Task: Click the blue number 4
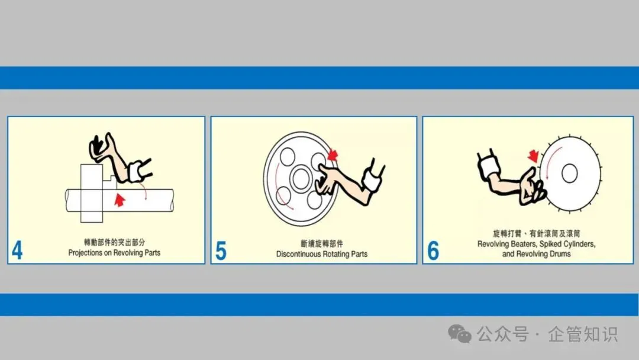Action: click(17, 250)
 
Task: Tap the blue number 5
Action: click(221, 250)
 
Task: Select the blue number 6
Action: click(433, 250)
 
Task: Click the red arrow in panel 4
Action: click(120, 200)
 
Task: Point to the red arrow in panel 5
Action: click(333, 155)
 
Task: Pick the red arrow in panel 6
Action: click(533, 156)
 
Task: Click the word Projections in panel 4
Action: click(85, 253)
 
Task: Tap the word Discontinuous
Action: click(299, 254)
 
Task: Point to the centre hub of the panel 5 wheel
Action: click(301, 178)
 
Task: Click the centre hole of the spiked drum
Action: click(570, 173)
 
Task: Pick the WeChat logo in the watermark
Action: click(460, 334)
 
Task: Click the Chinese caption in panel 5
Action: click(322, 244)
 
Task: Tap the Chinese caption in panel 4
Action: click(115, 243)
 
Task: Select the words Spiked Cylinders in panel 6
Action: click(567, 244)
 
